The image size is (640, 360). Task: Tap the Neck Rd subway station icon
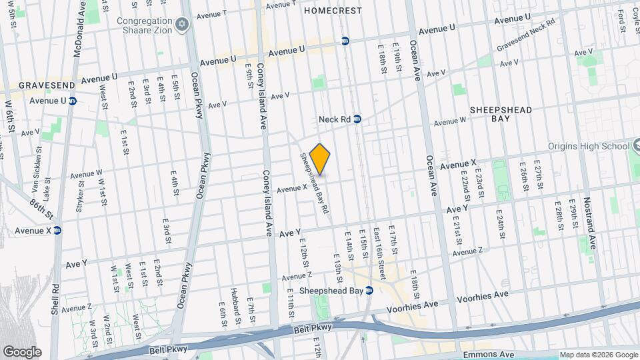(357, 119)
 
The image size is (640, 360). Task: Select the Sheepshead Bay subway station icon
(369, 290)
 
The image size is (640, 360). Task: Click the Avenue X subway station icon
(57, 231)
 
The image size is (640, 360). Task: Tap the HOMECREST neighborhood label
(333, 11)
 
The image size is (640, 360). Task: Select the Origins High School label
(589, 146)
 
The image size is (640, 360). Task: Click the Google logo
(22, 351)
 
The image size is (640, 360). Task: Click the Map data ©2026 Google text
(598, 355)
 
